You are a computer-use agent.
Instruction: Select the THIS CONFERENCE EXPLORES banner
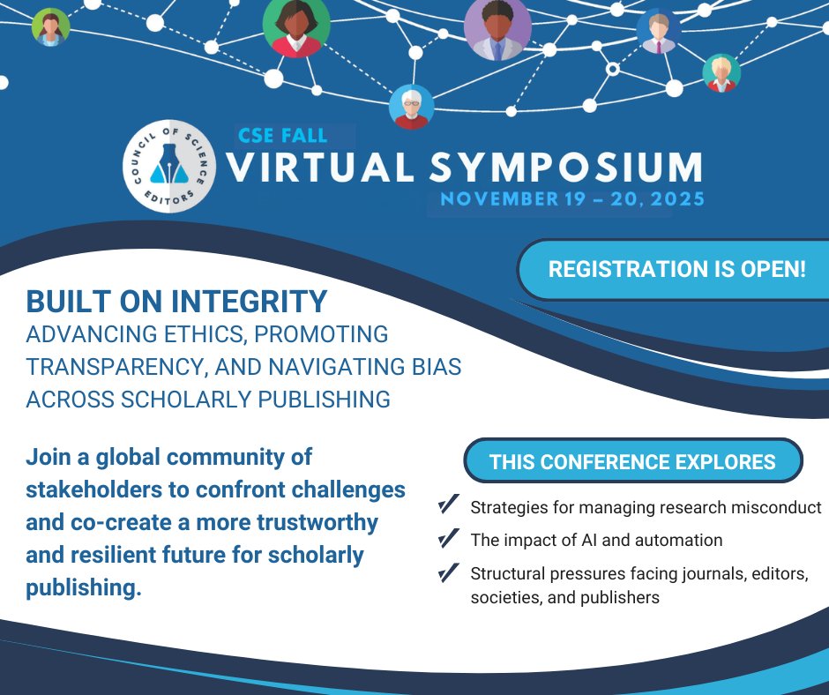click(x=632, y=461)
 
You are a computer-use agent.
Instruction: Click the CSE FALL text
click(x=282, y=136)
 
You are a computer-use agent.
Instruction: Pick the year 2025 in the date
click(x=675, y=199)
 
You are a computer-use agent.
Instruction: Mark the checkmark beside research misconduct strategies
click(x=448, y=505)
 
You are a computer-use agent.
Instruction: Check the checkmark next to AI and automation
click(x=448, y=538)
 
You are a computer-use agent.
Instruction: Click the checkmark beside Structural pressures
click(x=448, y=572)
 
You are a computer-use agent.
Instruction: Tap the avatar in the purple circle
click(x=498, y=29)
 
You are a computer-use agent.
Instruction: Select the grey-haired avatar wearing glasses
click(x=411, y=107)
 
